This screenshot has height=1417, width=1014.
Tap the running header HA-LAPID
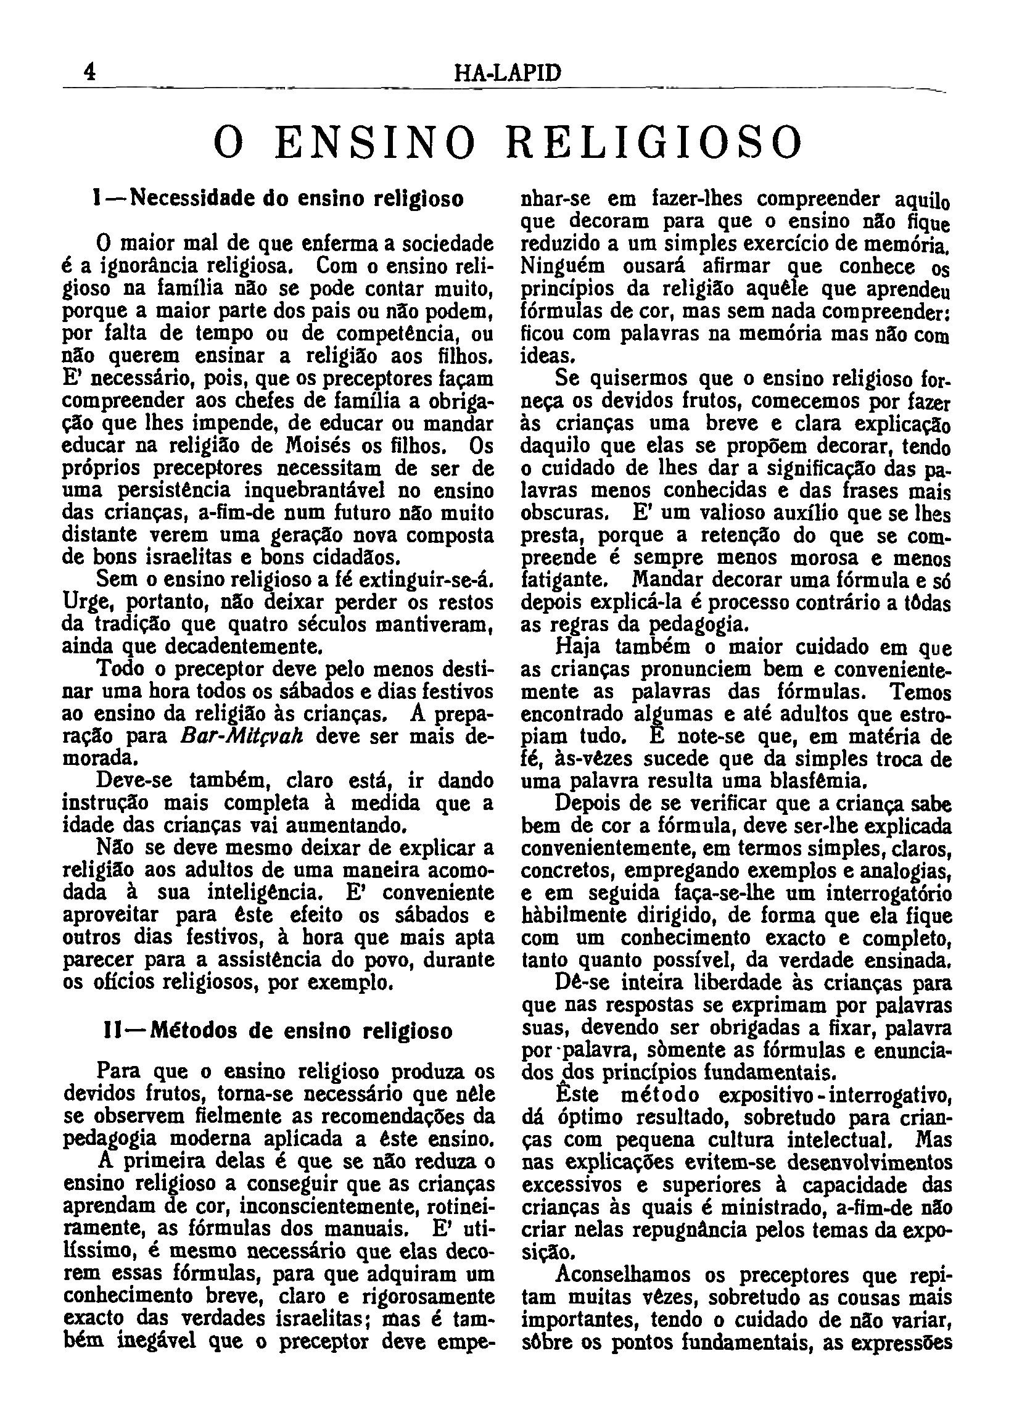tap(508, 73)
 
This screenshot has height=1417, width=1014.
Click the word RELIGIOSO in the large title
tap(654, 143)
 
